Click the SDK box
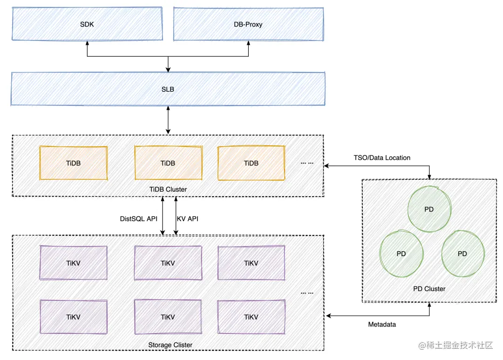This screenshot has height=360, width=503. pyautogui.click(x=87, y=24)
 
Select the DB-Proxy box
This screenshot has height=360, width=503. pyautogui.click(x=248, y=24)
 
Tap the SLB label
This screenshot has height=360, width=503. pyautogui.click(x=168, y=89)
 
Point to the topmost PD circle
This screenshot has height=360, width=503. pyautogui.click(x=429, y=210)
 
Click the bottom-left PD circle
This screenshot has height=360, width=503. pyautogui.click(x=401, y=254)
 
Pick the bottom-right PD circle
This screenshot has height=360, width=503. pyautogui.click(x=462, y=254)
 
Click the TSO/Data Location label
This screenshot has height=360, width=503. pyautogui.click(x=382, y=158)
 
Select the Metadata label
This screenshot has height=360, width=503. pyautogui.click(x=382, y=324)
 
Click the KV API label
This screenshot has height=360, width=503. pyautogui.click(x=188, y=218)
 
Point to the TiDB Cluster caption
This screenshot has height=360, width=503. pyautogui.click(x=168, y=189)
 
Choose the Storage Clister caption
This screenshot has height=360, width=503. pyautogui.click(x=170, y=345)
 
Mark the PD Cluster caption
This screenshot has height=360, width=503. pyautogui.click(x=429, y=289)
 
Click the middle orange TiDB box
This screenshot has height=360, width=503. pyautogui.click(x=168, y=163)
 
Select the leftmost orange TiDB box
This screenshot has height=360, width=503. pyautogui.click(x=74, y=163)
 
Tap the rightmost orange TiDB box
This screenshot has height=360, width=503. pyautogui.click(x=251, y=163)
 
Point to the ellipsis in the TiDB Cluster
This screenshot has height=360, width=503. pyautogui.click(x=307, y=163)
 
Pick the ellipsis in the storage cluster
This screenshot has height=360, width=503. pyautogui.click(x=307, y=293)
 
